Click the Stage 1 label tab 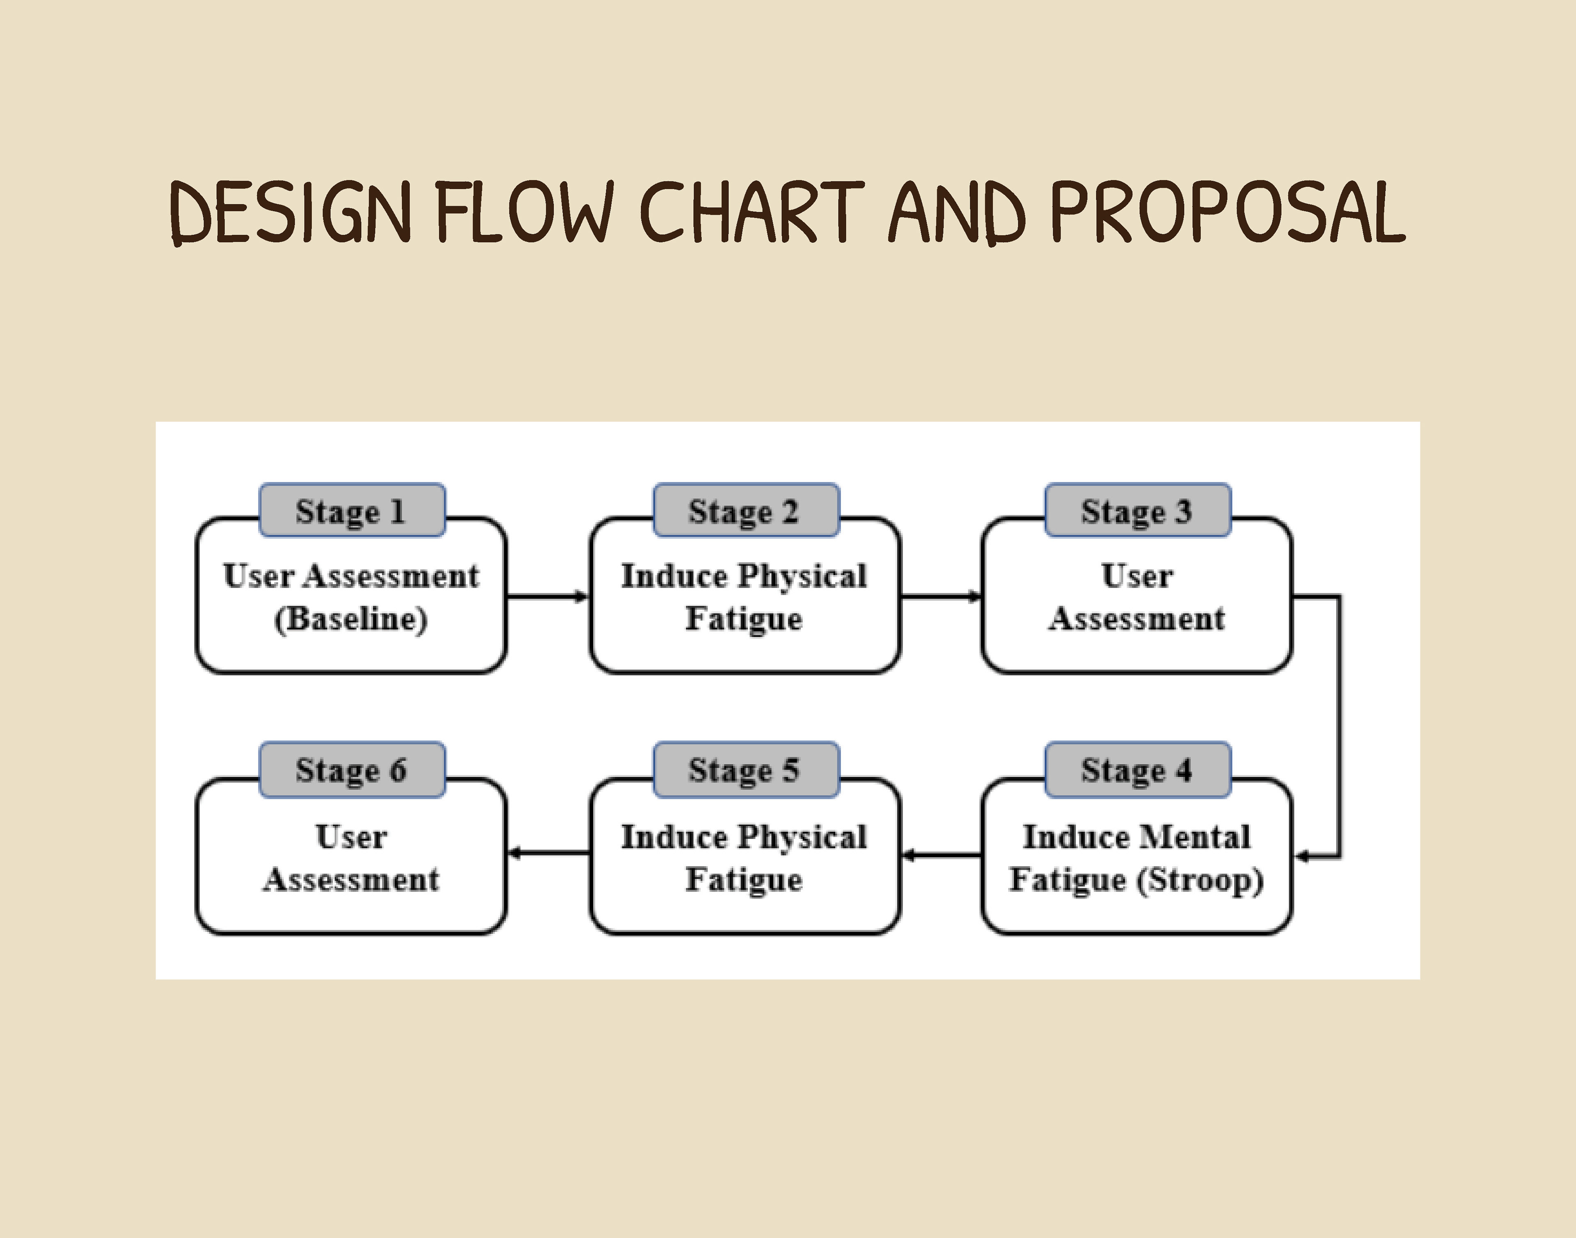coord(352,511)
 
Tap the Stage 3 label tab coord(1137,511)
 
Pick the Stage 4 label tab coord(1137,770)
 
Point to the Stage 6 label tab coord(352,770)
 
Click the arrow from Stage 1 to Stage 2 coord(547,597)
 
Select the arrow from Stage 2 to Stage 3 coord(940,597)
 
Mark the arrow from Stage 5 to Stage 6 coord(548,853)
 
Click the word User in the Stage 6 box coord(352,837)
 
